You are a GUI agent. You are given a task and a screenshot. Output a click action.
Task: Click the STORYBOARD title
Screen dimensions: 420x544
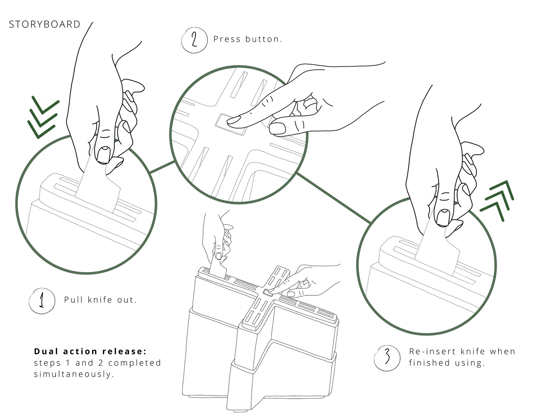(45, 24)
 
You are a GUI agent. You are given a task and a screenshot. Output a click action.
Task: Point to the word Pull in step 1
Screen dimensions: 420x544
(73, 300)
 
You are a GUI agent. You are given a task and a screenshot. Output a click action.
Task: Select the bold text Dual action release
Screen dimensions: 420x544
(90, 352)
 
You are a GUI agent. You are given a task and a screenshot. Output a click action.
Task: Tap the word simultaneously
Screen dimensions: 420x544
(74, 375)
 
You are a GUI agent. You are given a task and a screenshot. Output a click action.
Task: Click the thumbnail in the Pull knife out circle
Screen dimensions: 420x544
(103, 155)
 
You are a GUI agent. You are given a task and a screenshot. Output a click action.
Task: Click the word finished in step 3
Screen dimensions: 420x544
(427, 363)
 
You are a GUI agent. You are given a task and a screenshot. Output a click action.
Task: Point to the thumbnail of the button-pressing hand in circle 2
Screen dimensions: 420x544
(277, 128)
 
